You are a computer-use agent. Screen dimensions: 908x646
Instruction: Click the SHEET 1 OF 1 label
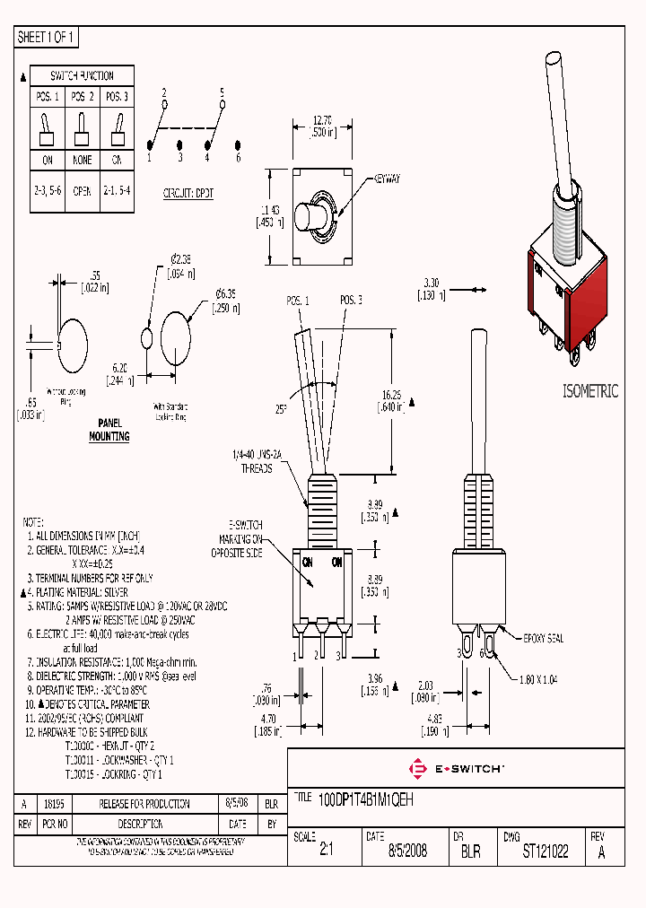pos(47,38)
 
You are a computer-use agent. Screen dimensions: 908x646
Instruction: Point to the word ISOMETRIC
pos(590,391)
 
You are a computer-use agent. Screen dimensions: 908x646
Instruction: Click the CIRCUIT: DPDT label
pos(188,193)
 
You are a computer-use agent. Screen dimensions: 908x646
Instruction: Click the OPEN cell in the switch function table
pos(82,189)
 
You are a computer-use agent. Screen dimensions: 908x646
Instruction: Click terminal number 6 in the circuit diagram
pos(239,158)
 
